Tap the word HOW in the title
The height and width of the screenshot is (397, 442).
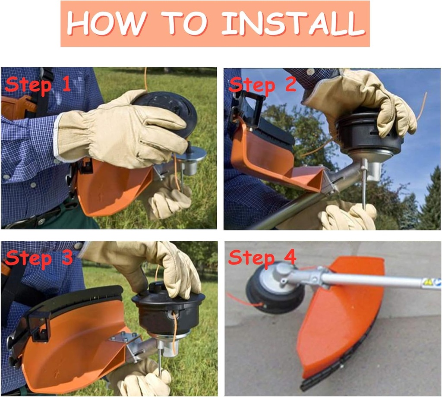pos(107,23)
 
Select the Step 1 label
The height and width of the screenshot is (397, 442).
pos(38,85)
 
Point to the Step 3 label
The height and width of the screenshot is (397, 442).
pos(38,258)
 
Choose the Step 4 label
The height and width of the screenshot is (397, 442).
pos(262,258)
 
